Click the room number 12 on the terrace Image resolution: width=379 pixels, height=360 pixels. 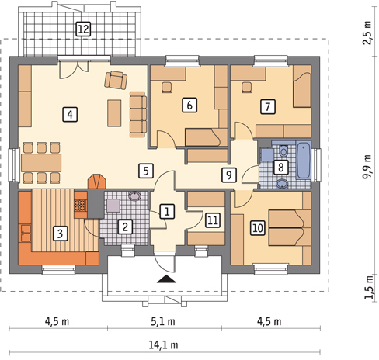[83, 29]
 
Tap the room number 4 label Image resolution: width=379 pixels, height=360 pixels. [70, 114]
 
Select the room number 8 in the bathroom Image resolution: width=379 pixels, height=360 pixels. [281, 168]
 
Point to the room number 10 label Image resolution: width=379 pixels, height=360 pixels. [258, 228]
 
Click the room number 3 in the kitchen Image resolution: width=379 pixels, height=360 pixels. [60, 234]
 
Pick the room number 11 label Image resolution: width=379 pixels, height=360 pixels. [213, 220]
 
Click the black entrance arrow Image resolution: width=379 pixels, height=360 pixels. [167, 279]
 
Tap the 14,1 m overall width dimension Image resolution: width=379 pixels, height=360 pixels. [163, 345]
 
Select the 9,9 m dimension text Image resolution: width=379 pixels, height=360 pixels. [367, 167]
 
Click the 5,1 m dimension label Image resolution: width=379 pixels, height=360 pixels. [163, 322]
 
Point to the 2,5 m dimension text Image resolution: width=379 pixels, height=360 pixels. [367, 33]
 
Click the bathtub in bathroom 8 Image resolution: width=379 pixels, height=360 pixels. [304, 160]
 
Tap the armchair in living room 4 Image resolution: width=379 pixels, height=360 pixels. [116, 80]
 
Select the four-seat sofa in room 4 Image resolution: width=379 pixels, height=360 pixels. [138, 114]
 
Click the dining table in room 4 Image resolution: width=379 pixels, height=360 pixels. [41, 163]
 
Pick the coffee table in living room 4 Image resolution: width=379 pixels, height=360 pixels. [114, 113]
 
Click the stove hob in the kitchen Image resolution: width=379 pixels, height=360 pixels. [81, 206]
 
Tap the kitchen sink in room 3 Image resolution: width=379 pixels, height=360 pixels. [26, 234]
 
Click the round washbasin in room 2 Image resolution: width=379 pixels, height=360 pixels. [135, 196]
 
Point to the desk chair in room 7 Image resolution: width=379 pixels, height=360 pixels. [247, 87]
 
